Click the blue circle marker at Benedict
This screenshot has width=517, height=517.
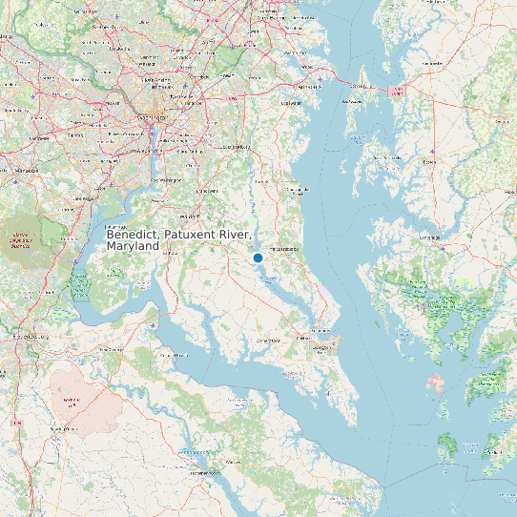(x=258, y=258)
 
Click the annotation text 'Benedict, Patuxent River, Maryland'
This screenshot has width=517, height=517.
(x=178, y=239)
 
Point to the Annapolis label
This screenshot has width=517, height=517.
(x=311, y=86)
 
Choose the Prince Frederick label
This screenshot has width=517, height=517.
(x=285, y=249)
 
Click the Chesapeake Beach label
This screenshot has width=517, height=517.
(x=300, y=191)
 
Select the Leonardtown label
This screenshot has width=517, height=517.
(x=265, y=340)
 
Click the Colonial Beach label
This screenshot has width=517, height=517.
(x=171, y=355)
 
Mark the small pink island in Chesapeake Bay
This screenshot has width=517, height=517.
(x=437, y=383)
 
